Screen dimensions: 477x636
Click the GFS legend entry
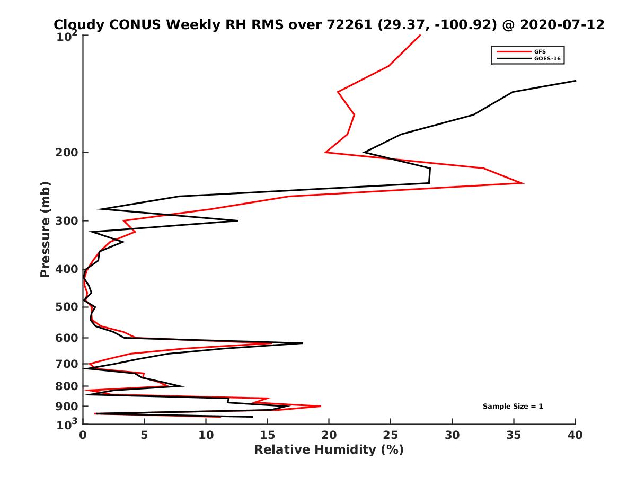click(540, 52)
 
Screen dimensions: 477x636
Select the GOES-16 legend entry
click(547, 58)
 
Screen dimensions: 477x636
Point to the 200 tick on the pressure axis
click(68, 153)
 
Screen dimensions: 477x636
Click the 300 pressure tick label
click(68, 220)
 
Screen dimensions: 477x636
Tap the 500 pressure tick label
click(68, 307)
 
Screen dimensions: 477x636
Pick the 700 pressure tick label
click(68, 364)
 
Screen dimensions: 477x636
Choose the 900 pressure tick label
click(68, 407)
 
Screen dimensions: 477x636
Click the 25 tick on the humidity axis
click(391, 435)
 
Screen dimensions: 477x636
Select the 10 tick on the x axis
click(206, 435)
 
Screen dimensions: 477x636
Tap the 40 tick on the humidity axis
click(575, 435)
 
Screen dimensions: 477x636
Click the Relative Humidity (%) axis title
click(329, 450)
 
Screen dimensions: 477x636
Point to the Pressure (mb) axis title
click(45, 229)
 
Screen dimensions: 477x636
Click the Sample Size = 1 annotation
click(513, 407)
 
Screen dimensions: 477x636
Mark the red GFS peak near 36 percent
click(524, 183)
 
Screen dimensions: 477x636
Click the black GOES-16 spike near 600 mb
click(303, 343)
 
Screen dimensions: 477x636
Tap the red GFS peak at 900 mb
click(321, 406)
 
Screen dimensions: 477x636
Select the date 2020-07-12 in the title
click(563, 24)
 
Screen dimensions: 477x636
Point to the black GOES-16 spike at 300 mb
click(237, 220)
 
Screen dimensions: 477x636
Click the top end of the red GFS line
click(421, 35)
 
